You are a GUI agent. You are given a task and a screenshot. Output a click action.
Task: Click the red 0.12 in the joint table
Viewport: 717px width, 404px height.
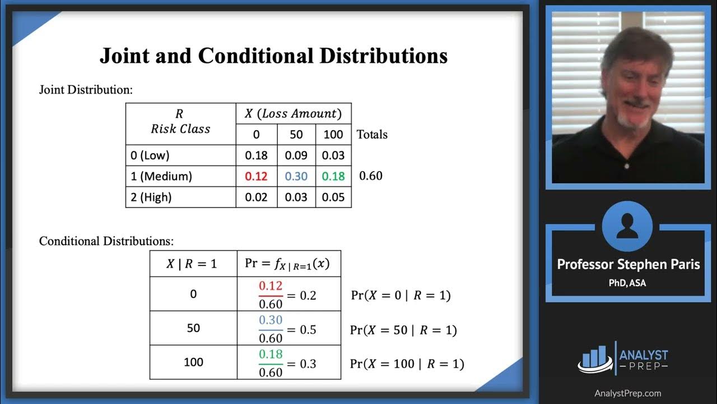pyautogui.click(x=256, y=176)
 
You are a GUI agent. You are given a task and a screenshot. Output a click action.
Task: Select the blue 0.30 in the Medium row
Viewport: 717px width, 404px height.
pyautogui.click(x=296, y=176)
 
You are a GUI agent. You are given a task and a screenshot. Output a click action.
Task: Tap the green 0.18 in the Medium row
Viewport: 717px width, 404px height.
pyautogui.click(x=333, y=176)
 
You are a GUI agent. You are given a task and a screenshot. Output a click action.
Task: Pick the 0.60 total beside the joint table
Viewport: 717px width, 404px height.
pyautogui.click(x=370, y=176)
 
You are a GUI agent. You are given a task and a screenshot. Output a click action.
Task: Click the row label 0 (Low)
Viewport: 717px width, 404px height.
pyautogui.click(x=150, y=155)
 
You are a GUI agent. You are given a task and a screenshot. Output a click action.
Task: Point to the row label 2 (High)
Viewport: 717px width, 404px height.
pyautogui.click(x=151, y=197)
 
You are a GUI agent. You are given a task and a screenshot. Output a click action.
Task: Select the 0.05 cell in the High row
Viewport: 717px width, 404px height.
pyautogui.click(x=333, y=197)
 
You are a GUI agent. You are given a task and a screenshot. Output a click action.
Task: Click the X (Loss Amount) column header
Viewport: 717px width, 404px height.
pyautogui.click(x=293, y=114)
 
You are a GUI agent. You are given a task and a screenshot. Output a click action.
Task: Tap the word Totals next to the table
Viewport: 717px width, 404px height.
pyautogui.click(x=372, y=135)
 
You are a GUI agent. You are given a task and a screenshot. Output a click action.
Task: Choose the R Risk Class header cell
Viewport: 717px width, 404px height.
pyautogui.click(x=180, y=123)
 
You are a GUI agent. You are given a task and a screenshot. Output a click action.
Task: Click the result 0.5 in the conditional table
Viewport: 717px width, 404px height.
pyautogui.click(x=309, y=329)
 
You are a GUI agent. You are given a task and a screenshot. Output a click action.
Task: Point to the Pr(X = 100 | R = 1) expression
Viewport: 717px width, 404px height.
pyautogui.click(x=407, y=364)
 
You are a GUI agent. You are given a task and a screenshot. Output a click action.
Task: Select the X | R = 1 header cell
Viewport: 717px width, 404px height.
pyautogui.click(x=192, y=264)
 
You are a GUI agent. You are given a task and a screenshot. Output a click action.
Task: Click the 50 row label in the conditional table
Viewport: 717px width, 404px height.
pyautogui.click(x=193, y=328)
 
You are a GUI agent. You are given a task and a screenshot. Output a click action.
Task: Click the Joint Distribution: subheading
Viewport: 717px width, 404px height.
pyautogui.click(x=86, y=90)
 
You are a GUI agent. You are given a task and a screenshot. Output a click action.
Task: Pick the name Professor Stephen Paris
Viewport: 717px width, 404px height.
pyautogui.click(x=628, y=264)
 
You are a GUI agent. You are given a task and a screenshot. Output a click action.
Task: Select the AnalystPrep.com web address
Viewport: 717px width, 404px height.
pyautogui.click(x=627, y=393)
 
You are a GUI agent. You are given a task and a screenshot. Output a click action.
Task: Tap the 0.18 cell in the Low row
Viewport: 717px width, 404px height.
pyautogui.click(x=256, y=155)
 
